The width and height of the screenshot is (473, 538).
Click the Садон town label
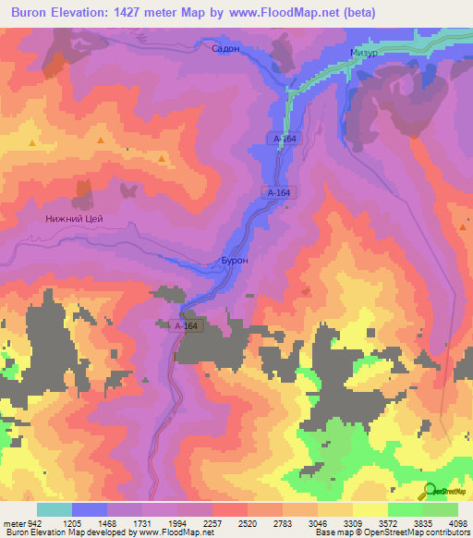click(225, 49)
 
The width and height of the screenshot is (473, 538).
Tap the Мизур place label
click(364, 55)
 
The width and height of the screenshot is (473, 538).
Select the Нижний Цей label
click(74, 219)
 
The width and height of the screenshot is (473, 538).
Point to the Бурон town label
click(234, 262)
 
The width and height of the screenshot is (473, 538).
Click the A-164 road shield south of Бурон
click(187, 326)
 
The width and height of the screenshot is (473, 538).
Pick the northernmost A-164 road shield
click(285, 138)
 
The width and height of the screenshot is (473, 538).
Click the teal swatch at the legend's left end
click(54, 509)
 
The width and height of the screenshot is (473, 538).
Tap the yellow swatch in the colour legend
click(370, 509)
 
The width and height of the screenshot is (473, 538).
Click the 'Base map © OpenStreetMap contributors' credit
click(390, 532)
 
